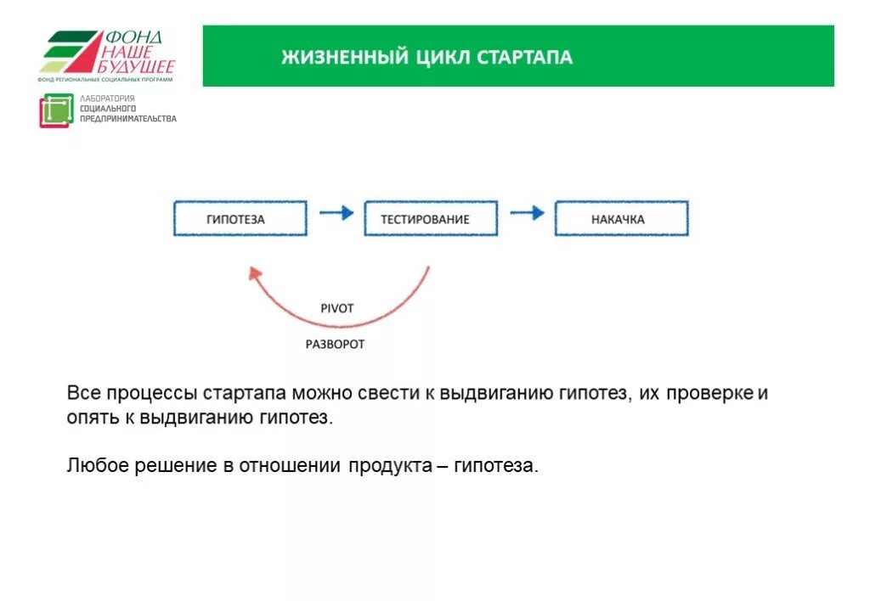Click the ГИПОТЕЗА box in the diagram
[240, 219]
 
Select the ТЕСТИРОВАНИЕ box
[431, 219]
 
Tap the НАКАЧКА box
[621, 219]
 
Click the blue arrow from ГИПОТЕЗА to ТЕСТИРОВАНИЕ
[336, 213]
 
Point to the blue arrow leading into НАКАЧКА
[527, 213]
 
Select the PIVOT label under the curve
[336, 309]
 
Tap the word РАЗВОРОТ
[335, 345]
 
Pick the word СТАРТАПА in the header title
[524, 58]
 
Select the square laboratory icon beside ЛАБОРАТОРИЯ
[56, 111]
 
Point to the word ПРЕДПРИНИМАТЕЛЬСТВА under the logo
[128, 119]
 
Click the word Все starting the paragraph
[85, 394]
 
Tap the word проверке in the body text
[710, 394]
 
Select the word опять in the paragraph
[88, 418]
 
